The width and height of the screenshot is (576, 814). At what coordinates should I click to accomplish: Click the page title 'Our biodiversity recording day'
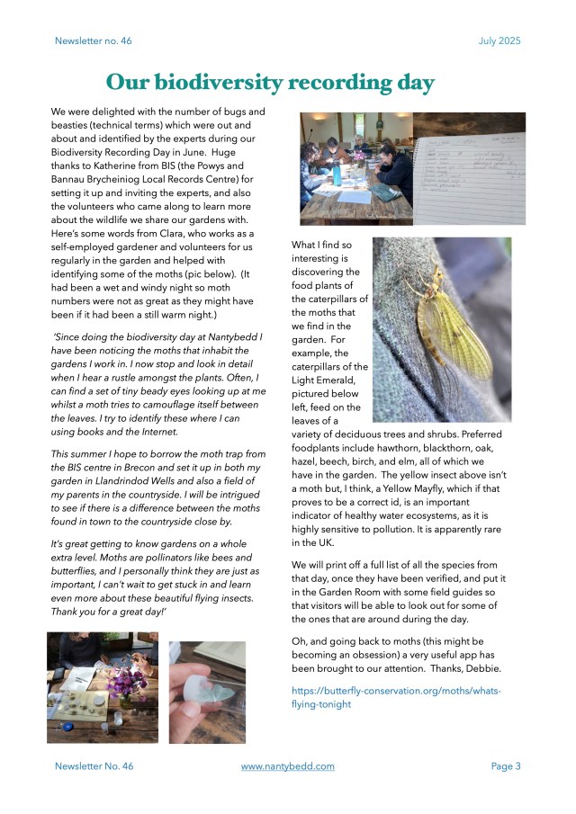(270, 83)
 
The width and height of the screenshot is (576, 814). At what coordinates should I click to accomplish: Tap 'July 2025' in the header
(499, 40)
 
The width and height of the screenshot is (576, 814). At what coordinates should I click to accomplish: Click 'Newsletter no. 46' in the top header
(94, 40)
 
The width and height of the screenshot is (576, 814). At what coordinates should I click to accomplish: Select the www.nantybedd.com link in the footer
(288, 766)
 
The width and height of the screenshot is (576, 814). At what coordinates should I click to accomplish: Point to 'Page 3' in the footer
(506, 766)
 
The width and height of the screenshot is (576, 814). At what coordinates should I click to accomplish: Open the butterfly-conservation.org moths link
(396, 697)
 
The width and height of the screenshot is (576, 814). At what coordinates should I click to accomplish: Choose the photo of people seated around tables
(356, 167)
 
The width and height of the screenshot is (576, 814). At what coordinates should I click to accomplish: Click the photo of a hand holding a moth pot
(207, 692)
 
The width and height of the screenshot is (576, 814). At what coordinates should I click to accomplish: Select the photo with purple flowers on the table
(103, 687)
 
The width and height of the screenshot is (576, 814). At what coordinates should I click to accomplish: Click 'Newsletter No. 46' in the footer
(94, 766)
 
